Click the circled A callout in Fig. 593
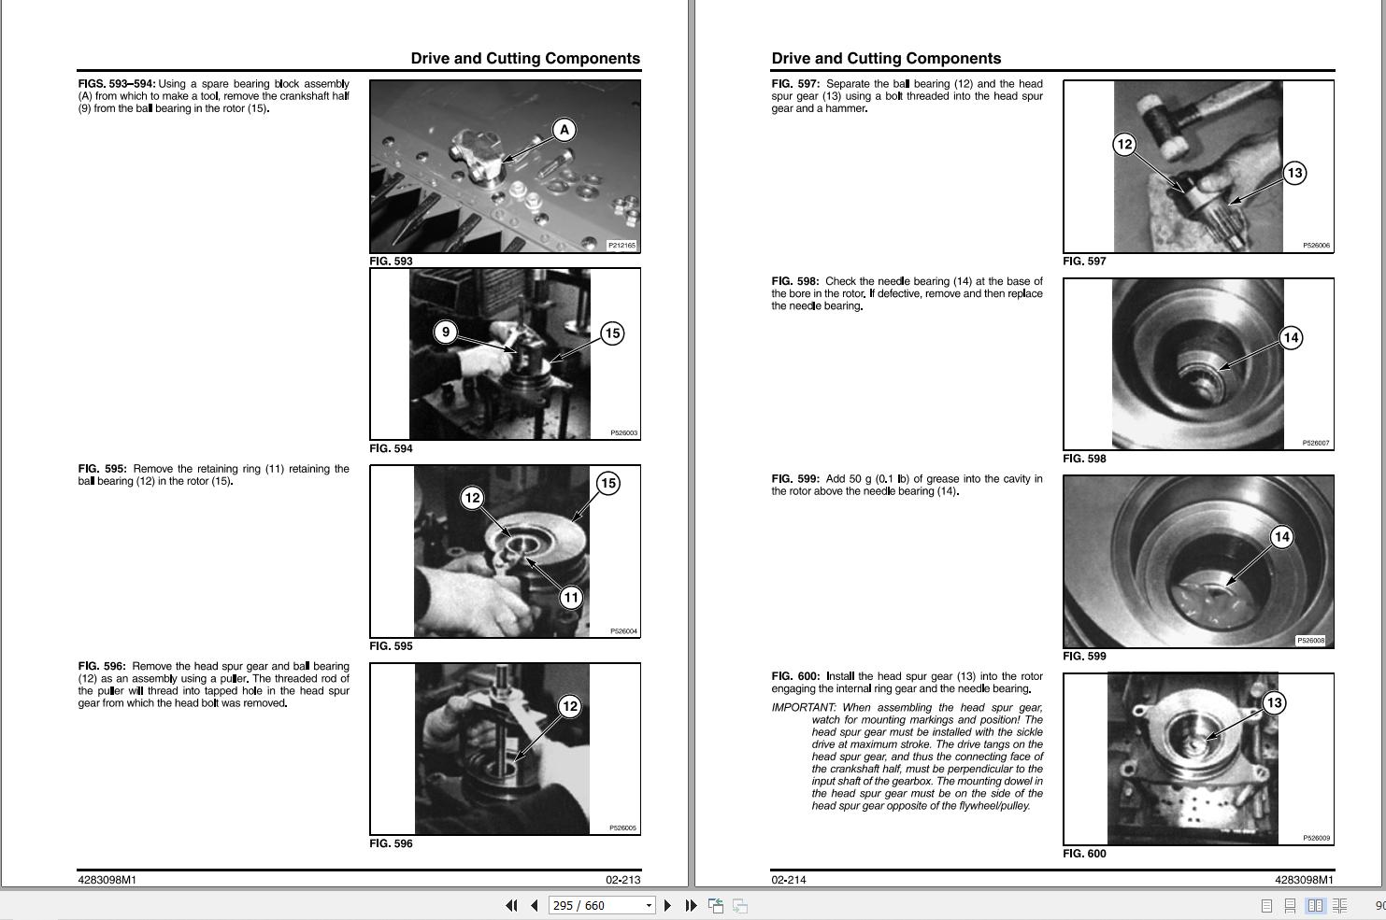[x=564, y=130]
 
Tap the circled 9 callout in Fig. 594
[x=446, y=332]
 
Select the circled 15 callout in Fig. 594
[x=612, y=333]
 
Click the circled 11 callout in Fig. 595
[x=571, y=597]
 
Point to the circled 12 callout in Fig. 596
[x=570, y=706]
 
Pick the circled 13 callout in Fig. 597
[x=1294, y=173]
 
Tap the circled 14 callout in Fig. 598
[x=1291, y=337]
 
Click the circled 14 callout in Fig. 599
[x=1282, y=537]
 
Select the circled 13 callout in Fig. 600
[x=1275, y=703]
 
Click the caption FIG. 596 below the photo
[x=391, y=843]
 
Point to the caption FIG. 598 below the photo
[x=1084, y=459]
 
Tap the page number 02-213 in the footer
[x=623, y=880]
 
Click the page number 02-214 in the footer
[x=788, y=880]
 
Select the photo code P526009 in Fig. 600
[x=1316, y=839]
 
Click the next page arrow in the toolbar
[x=667, y=906]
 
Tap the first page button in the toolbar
[x=511, y=906]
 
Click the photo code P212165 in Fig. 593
[x=622, y=246]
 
